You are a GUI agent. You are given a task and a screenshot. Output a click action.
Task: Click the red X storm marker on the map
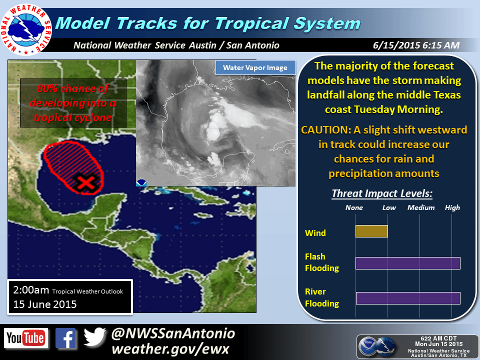[x=87, y=183]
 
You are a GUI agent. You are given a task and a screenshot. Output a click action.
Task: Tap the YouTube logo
[x=26, y=338]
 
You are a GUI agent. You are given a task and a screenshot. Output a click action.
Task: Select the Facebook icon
[x=66, y=338]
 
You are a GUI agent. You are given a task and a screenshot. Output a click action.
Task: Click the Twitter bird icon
[x=94, y=336]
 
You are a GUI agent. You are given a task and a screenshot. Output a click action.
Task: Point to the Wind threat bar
[x=371, y=231]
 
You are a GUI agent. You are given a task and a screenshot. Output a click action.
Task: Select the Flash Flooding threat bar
[x=408, y=263]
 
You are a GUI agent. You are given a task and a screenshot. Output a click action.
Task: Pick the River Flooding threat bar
[x=408, y=298]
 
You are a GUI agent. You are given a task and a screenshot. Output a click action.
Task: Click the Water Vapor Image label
[x=255, y=67]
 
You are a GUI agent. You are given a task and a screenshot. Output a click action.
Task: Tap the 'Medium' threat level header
[x=421, y=207]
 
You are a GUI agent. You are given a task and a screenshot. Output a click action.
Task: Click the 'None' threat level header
[x=354, y=207]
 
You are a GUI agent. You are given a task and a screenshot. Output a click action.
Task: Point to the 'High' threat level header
[x=452, y=207]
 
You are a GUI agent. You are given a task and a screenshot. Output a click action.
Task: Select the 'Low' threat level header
[x=389, y=207]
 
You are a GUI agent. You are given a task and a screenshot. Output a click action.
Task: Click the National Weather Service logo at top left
[x=26, y=29]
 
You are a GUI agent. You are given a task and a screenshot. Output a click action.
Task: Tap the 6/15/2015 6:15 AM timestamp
[x=416, y=45]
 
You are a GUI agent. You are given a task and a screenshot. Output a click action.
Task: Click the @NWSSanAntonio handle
[x=173, y=333]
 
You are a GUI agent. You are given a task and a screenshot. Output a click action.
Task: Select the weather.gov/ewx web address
[x=170, y=349]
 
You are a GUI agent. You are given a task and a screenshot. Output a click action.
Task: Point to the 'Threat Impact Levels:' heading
[x=382, y=193]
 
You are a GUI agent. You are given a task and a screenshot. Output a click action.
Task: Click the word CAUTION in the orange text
[x=326, y=130]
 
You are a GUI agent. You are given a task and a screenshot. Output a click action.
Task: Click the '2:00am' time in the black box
[x=31, y=289]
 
